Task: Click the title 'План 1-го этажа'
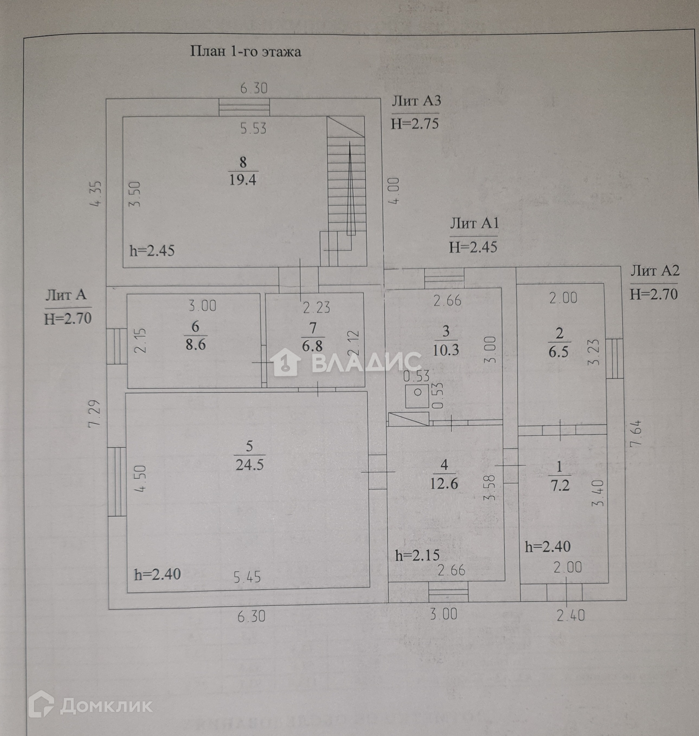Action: (x=246, y=51)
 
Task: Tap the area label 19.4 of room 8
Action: (x=243, y=179)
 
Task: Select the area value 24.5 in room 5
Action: (x=249, y=465)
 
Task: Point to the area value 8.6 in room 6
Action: (x=196, y=345)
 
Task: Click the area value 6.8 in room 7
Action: (x=312, y=346)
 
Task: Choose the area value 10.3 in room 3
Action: (x=446, y=350)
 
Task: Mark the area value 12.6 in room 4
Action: (x=444, y=483)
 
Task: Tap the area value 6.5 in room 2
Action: (x=559, y=352)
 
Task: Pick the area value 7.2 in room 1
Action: (x=560, y=485)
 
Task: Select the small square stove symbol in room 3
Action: (x=417, y=392)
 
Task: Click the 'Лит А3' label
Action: (x=416, y=101)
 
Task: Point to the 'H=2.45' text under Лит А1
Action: (x=473, y=247)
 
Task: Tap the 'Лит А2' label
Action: (x=654, y=270)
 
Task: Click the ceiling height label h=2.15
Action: (x=417, y=555)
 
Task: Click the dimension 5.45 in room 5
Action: (x=247, y=577)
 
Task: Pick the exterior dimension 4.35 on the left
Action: (x=98, y=194)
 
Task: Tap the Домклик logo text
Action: (x=106, y=706)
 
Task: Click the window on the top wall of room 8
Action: (x=244, y=107)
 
